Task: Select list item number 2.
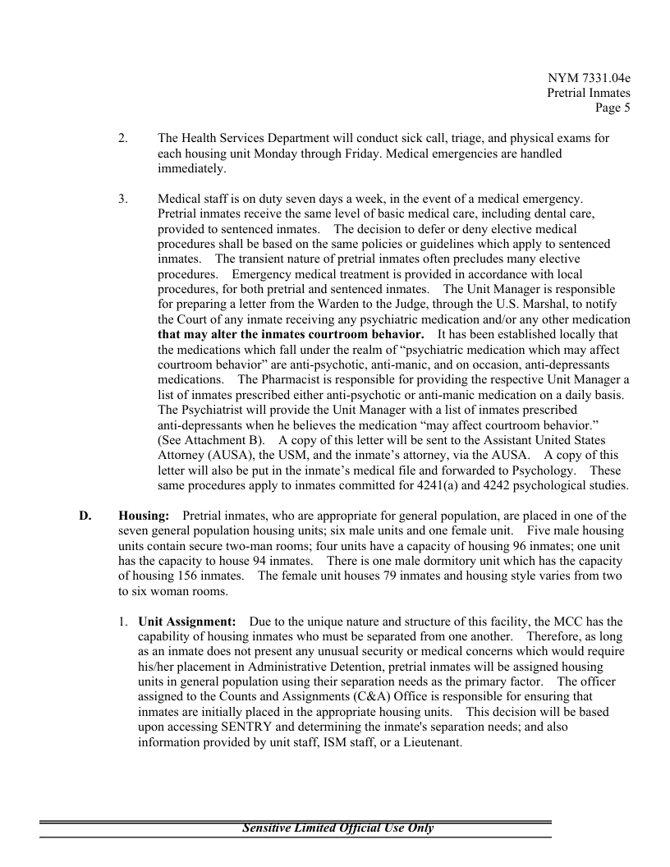point(122,139)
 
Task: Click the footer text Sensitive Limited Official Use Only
point(337,828)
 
